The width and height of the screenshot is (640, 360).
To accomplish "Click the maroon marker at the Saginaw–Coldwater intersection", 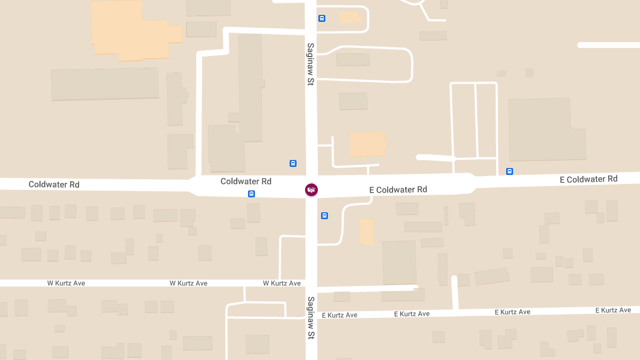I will point(311,189).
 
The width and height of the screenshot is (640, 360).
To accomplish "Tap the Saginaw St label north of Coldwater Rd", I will point(310,65).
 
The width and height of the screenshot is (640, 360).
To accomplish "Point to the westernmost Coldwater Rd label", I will point(54,185).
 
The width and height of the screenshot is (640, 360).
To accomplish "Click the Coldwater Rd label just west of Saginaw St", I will point(246,181).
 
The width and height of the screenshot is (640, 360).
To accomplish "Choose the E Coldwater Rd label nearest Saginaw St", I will point(398,189).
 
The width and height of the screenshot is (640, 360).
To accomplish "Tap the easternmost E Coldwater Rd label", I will point(588,179).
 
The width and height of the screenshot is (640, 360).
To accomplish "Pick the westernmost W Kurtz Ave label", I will point(66,283).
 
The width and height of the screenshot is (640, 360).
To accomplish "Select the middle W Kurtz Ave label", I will point(188,283).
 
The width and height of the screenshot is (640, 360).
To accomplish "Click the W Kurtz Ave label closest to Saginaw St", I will point(282,283).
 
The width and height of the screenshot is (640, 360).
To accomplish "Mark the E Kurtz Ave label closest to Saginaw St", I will point(340,315).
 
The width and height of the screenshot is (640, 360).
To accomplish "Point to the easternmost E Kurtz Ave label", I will point(613,310).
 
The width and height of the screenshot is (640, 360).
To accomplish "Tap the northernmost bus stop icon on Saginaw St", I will point(322,18).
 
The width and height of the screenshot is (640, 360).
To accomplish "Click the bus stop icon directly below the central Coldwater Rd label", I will point(251,194).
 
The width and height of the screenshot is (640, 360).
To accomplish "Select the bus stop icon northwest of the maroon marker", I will point(293,163).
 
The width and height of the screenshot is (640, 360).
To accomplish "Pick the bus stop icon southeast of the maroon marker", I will point(324,215).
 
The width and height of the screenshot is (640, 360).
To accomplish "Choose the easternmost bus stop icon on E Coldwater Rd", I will point(509,171).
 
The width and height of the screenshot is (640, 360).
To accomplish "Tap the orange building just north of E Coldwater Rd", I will point(367,144).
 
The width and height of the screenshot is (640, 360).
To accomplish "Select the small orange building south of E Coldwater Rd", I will point(366,231).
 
